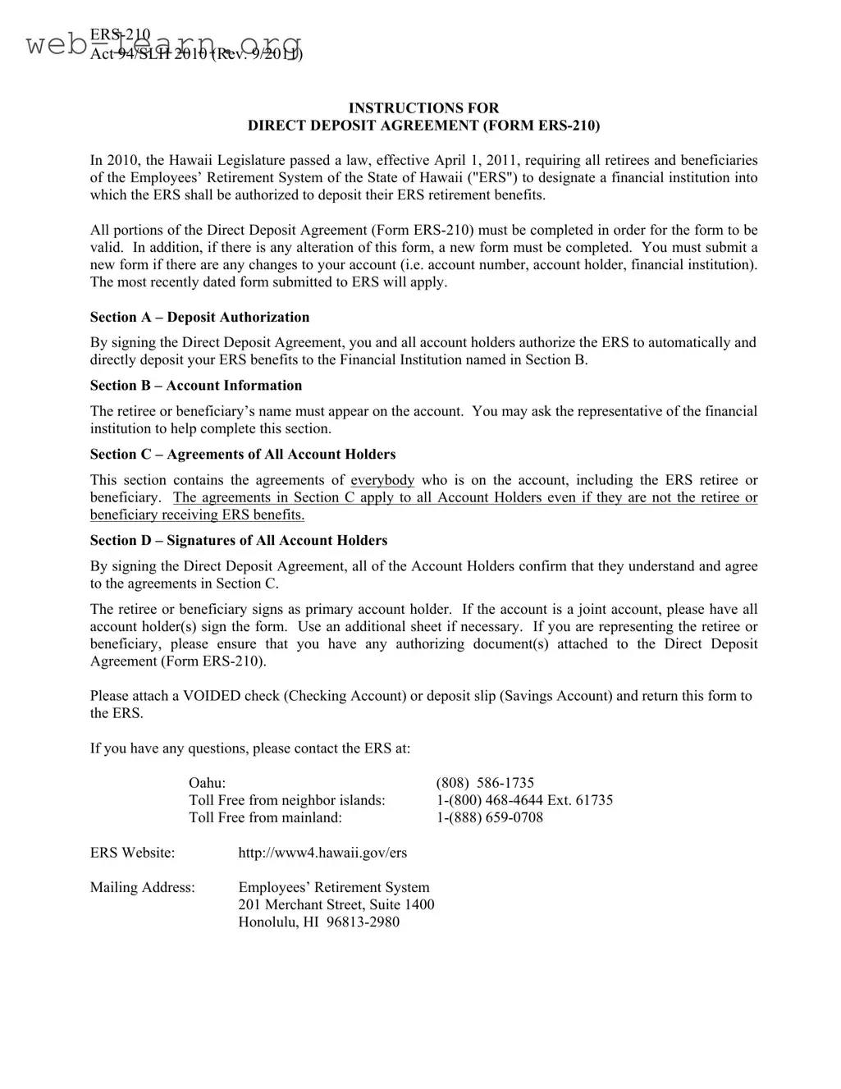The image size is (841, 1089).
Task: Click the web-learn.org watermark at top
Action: click(x=164, y=44)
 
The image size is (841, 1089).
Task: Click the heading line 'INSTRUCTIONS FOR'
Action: click(x=423, y=108)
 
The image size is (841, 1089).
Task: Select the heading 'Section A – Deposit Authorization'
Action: click(x=199, y=318)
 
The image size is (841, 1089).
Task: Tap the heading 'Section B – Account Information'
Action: click(x=196, y=386)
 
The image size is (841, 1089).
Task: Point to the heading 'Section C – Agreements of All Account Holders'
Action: click(x=243, y=455)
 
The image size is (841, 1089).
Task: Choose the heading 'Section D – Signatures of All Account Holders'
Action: click(x=239, y=541)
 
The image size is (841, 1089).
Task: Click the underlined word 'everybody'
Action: click(x=382, y=480)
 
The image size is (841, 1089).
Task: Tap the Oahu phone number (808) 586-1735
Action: click(x=485, y=783)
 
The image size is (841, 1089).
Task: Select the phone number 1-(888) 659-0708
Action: click(x=489, y=817)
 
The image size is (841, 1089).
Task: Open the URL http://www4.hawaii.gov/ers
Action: click(x=322, y=853)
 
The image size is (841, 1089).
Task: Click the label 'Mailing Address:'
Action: click(x=143, y=887)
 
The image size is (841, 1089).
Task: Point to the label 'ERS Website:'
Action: click(x=132, y=853)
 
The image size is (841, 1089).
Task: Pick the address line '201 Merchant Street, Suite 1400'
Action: click(x=336, y=904)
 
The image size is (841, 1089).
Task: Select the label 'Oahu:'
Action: click(x=207, y=783)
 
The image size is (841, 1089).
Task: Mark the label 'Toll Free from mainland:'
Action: click(x=265, y=817)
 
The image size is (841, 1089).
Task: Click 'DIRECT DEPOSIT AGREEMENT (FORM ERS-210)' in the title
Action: click(x=423, y=126)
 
